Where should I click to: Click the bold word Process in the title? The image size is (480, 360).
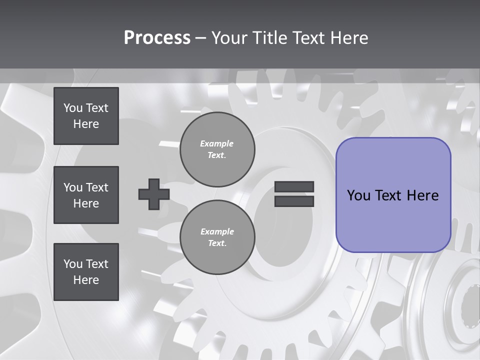click(x=157, y=38)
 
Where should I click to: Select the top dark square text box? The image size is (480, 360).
click(x=86, y=116)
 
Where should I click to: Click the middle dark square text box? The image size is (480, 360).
click(x=86, y=195)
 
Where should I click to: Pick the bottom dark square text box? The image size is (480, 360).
click(x=86, y=272)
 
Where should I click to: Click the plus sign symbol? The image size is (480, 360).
click(x=154, y=194)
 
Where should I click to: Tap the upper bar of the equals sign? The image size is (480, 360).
click(x=294, y=187)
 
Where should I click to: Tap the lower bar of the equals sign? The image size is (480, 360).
click(x=294, y=201)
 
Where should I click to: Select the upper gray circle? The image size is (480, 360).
click(x=217, y=149)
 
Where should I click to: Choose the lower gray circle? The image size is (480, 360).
click(x=217, y=237)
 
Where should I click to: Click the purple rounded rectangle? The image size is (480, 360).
click(x=393, y=194)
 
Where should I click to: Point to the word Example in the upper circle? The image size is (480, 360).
click(x=217, y=143)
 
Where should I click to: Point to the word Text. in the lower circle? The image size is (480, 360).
click(x=217, y=243)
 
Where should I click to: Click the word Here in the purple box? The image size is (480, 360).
click(x=422, y=195)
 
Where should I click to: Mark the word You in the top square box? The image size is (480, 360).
click(x=72, y=108)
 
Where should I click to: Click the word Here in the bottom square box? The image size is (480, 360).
click(x=86, y=280)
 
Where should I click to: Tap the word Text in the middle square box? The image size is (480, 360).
click(x=96, y=187)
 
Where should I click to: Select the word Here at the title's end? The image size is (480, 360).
click(x=348, y=38)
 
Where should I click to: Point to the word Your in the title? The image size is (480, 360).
click(x=229, y=38)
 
